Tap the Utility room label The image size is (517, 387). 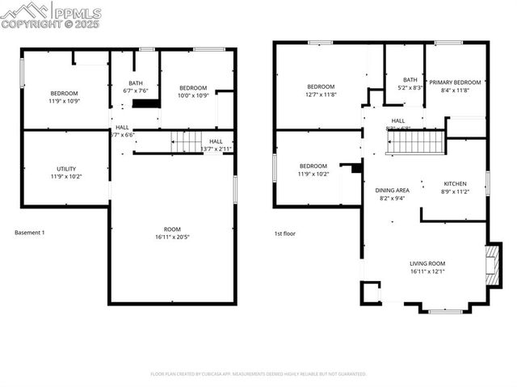pos(66,171)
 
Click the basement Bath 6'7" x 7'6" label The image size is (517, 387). pos(135,86)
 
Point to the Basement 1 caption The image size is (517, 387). pos(31,233)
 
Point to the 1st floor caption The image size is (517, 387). pos(285,233)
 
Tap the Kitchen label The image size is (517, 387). pos(454,188)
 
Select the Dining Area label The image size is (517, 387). pos(393,193)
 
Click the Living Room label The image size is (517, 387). pos(427,267)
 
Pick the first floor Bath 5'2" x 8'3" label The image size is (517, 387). pos(410,83)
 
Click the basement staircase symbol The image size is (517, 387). pos(185,143)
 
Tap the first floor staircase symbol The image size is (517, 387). pos(414,142)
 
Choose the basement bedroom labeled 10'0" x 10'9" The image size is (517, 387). pos(193,91)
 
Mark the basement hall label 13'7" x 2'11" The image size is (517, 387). pos(216,145)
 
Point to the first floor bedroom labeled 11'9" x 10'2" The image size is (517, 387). pos(313,170)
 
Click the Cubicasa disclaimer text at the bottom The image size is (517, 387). pos(258,374)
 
